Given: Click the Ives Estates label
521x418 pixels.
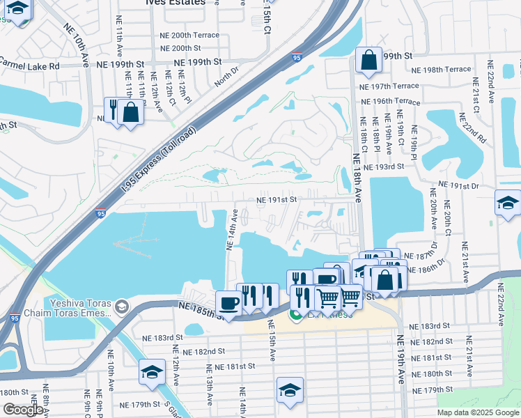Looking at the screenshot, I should pos(176,3).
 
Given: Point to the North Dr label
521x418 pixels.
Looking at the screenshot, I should pos(226,77).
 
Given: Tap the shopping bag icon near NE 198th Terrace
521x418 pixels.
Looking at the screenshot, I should pos(368,61).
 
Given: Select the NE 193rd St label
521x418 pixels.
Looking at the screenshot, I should pos(388,167).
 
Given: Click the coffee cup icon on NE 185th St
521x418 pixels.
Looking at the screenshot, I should pos(228,303).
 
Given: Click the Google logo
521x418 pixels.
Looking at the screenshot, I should pos(23,410).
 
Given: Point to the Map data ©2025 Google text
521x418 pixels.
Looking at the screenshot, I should pos(478,412).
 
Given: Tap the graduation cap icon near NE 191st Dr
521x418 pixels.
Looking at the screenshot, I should pos(508,203).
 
